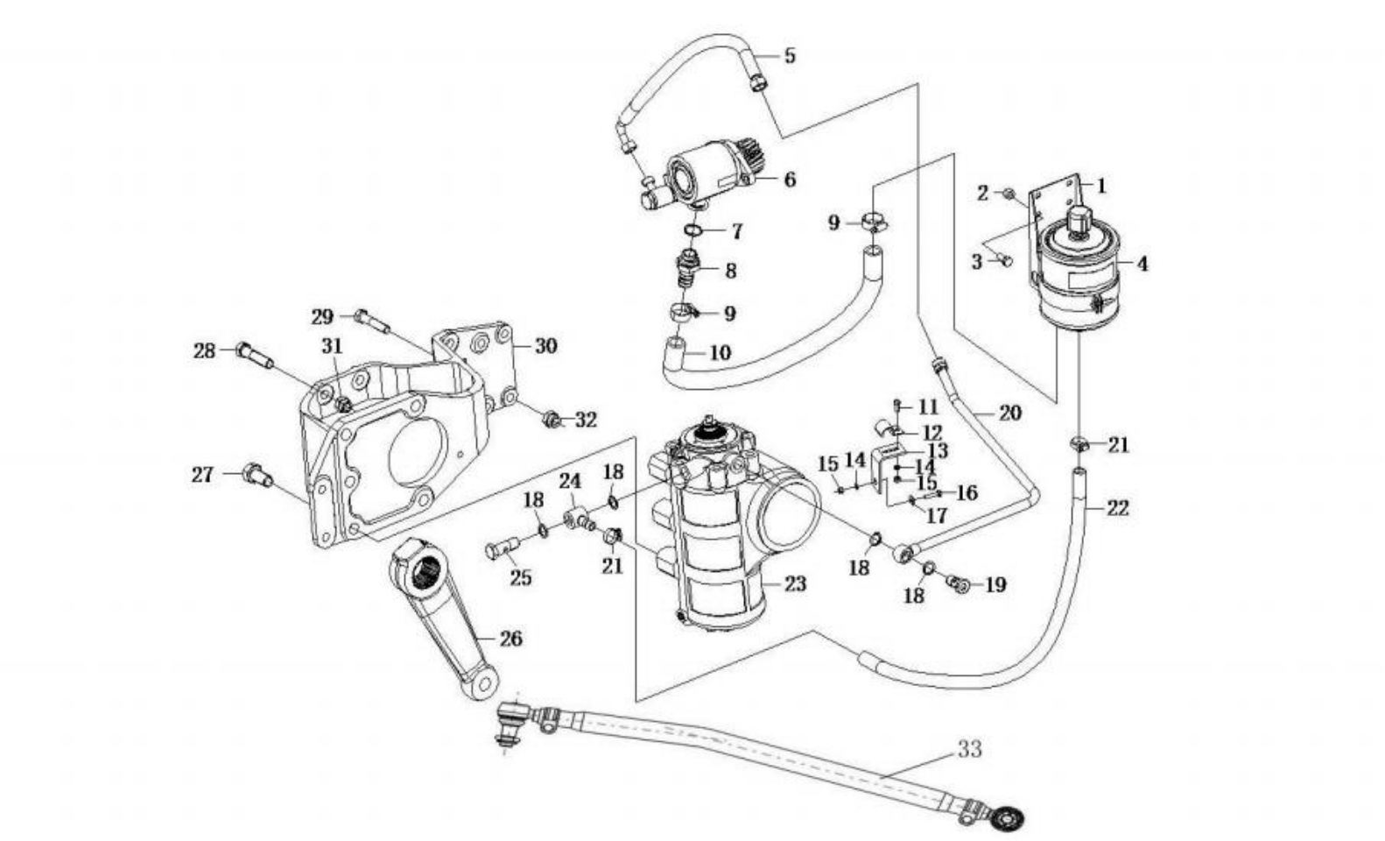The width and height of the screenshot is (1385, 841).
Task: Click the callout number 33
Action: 969,749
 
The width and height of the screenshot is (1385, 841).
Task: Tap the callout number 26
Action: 510,639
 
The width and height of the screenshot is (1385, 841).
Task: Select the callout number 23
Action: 795,583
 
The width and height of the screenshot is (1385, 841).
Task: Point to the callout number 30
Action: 546,345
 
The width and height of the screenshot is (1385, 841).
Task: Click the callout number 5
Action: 790,56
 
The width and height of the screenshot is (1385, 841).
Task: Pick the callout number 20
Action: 1010,413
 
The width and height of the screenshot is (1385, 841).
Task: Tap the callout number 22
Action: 1117,509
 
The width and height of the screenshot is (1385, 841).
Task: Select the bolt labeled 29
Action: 372,322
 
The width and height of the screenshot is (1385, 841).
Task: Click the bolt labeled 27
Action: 258,475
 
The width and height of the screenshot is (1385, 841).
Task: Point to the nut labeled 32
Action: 551,420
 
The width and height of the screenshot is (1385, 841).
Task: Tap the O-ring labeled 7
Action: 693,230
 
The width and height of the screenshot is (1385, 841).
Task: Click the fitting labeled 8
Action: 688,269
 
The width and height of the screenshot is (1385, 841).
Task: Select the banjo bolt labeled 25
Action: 501,548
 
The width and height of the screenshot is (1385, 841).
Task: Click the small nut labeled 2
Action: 1008,194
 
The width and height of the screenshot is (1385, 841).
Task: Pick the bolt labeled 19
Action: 958,583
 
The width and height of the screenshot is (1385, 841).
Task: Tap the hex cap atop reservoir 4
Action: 1079,219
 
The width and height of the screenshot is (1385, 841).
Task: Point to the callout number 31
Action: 332,346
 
